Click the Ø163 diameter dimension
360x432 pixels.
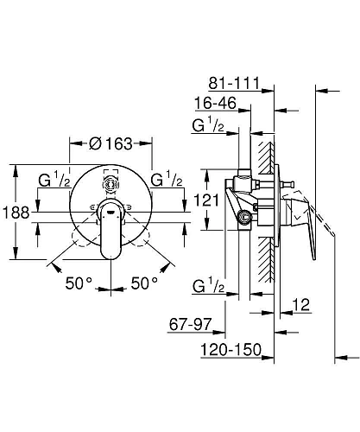[111, 143]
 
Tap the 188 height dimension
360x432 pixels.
[16, 213]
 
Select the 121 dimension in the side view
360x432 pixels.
[206, 200]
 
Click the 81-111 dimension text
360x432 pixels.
[234, 83]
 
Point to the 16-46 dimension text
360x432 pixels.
[216, 103]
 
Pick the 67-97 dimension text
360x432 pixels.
[190, 325]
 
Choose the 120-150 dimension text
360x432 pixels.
[231, 350]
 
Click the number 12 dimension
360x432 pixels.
[301, 304]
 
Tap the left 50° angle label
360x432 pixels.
[79, 283]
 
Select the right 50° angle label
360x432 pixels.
[144, 283]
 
